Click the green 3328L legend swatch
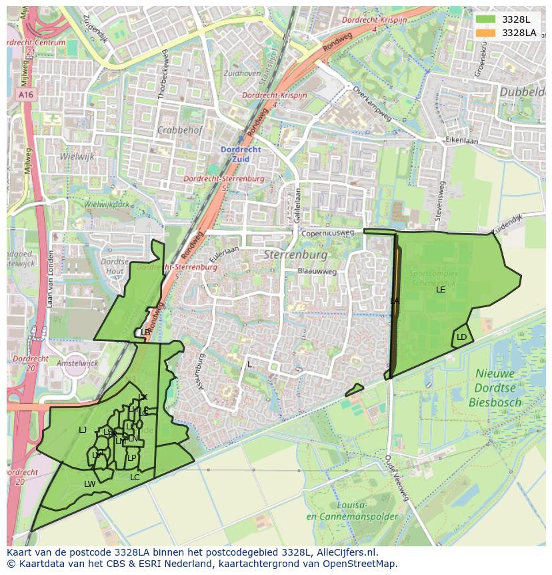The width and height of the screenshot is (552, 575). point(486,19)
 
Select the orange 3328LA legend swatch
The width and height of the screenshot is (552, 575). point(486,33)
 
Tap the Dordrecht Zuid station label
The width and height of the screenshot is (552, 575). point(241,154)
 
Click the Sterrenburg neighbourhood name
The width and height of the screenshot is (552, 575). point(295,255)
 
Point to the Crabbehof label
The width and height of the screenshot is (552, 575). point(180,130)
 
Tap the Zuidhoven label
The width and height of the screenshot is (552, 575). point(242,73)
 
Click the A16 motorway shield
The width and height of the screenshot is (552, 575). point(26,95)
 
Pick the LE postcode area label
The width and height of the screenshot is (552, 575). point(440,290)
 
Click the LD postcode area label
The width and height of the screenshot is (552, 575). point(461,337)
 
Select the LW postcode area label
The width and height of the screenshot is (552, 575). point(89,484)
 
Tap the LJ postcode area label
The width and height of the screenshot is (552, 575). point(83,430)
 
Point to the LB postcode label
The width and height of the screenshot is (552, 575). point(145,332)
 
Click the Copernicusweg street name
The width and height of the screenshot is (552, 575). point(327,234)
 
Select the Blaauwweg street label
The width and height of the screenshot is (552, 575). point(317,272)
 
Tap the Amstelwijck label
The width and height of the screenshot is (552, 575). point(78,363)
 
